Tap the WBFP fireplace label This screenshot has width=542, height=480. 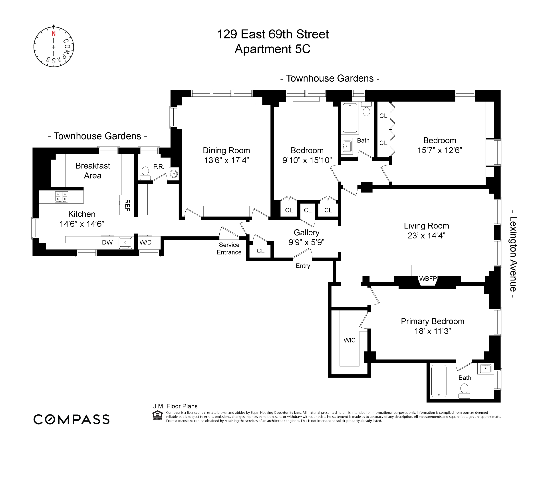[x=428, y=278]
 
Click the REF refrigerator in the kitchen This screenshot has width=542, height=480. [x=127, y=205]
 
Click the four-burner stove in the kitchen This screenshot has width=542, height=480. [x=61, y=197]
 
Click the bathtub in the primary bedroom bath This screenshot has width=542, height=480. [x=439, y=381]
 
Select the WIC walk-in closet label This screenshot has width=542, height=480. [x=349, y=340]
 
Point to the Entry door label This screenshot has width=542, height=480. [x=303, y=266]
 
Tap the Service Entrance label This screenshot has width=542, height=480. [x=229, y=249]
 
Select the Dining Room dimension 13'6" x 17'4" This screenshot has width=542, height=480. [x=226, y=160]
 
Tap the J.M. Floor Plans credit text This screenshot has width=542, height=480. [x=175, y=406]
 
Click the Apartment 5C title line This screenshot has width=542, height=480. [x=272, y=49]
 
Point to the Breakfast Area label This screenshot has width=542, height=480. [x=93, y=171]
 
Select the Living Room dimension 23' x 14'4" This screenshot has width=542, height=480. [x=426, y=236]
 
